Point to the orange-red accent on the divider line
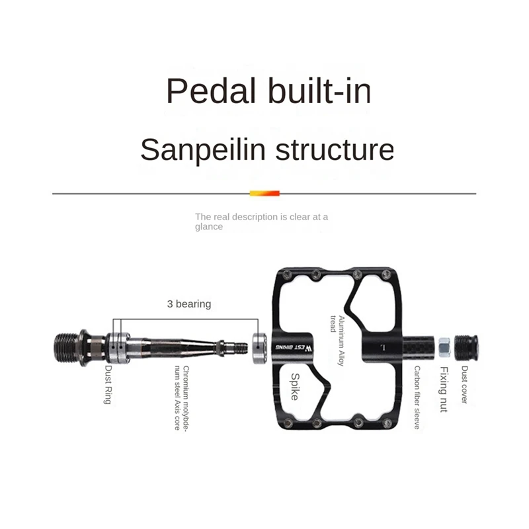(264, 193)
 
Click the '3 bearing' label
(188, 304)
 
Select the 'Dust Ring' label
(107, 385)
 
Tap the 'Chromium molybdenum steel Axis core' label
(182, 397)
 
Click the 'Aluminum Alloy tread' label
(338, 341)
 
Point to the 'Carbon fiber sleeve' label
(417, 397)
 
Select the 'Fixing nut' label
(444, 389)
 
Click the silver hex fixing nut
(444, 345)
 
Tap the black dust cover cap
(468, 345)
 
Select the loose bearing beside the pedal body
(260, 345)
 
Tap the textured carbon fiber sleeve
(417, 345)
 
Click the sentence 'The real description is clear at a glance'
(261, 221)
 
